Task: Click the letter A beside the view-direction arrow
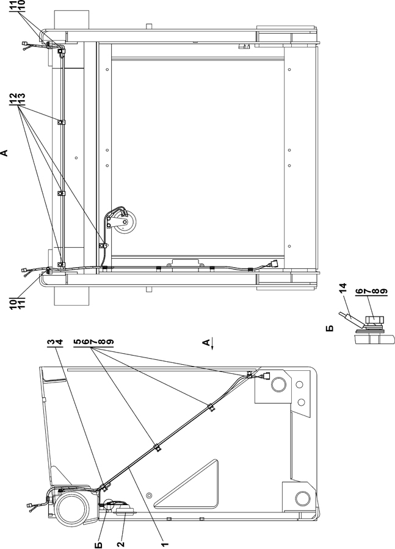(206, 343)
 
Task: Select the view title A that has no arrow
(5, 152)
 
